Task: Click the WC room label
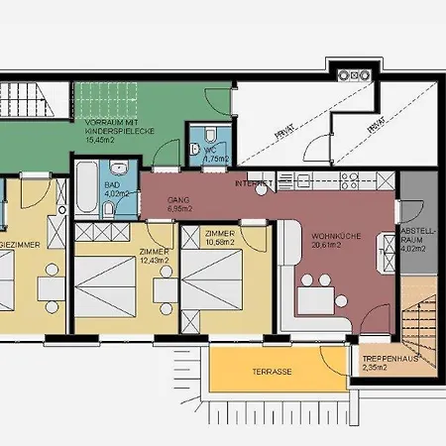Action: pos(216,154)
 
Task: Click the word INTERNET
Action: pos(253,183)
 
